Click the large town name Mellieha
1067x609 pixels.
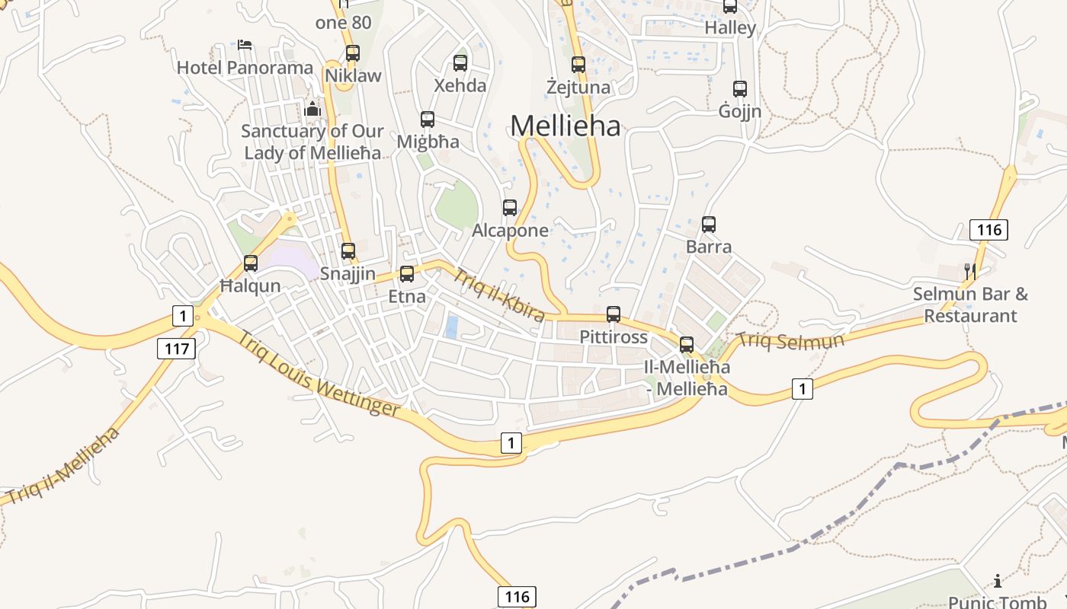(566, 126)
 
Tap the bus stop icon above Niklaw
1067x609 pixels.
(352, 53)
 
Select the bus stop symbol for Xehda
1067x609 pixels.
(460, 63)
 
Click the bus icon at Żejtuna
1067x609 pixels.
(578, 65)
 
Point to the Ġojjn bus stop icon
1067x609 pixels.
(739, 89)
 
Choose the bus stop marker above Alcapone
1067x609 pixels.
(510, 208)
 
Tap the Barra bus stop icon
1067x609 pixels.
(709, 225)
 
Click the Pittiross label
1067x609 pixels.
(614, 336)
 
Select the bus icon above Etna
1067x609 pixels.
(407, 274)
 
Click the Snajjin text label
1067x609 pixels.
(348, 273)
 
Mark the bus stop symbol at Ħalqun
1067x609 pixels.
(251, 264)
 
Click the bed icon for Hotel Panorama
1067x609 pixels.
(245, 44)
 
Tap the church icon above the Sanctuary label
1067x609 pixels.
(312, 109)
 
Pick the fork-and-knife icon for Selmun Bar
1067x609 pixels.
(970, 270)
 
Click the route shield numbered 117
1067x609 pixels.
(177, 349)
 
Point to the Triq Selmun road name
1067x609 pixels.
(791, 340)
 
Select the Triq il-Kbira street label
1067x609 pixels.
(499, 294)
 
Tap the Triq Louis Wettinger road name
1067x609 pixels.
(319, 374)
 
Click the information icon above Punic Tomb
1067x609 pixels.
(998, 581)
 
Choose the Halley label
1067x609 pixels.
(730, 28)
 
